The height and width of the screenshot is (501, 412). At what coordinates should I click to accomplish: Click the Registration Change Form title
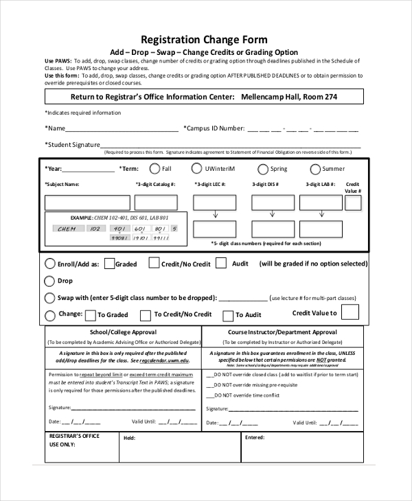(204, 40)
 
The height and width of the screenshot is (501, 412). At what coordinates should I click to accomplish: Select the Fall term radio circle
(154, 169)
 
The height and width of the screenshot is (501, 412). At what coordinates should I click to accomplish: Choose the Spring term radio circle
(263, 170)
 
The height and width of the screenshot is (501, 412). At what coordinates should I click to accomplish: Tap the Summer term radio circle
(315, 170)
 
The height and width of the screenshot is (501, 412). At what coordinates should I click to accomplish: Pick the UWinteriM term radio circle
(197, 169)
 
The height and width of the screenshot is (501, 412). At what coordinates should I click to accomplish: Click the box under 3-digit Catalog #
(156, 202)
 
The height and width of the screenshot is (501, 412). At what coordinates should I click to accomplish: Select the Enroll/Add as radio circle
(50, 264)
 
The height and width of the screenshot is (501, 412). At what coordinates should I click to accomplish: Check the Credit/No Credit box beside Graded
(154, 263)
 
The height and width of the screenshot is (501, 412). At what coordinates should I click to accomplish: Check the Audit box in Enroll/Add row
(221, 263)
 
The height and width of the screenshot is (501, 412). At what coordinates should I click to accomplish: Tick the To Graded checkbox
(89, 315)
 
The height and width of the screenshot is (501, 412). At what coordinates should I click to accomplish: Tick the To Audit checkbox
(228, 315)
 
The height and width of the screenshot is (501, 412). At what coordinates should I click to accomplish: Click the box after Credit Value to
(350, 312)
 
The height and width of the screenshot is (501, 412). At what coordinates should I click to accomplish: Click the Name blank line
(122, 128)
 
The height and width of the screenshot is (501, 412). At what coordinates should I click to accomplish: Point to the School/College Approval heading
(123, 332)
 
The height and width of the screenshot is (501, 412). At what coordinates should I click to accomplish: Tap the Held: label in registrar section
(129, 437)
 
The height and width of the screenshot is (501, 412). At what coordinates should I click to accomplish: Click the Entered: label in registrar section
(254, 437)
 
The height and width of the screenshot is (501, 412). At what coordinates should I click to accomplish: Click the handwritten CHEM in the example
(67, 229)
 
